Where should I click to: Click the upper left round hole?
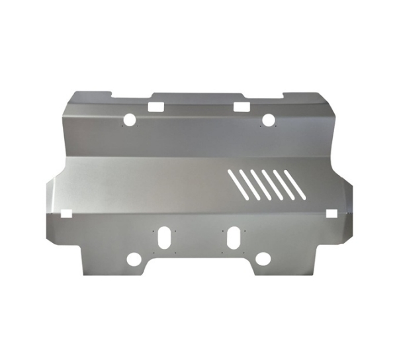tap(130, 120)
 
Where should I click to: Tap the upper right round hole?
tap(268, 120)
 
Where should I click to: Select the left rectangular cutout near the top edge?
tap(155, 106)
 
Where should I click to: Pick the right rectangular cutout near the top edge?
tap(242, 106)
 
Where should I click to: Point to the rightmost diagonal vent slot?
tap(294, 185)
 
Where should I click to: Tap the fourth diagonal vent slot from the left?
tap(273, 185)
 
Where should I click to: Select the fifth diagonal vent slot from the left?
tap(284, 185)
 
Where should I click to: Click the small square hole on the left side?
tap(66, 214)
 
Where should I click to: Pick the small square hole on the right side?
tap(331, 213)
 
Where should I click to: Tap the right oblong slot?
tap(234, 238)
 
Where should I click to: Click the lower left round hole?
tap(134, 259)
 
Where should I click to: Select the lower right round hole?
tap(263, 259)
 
